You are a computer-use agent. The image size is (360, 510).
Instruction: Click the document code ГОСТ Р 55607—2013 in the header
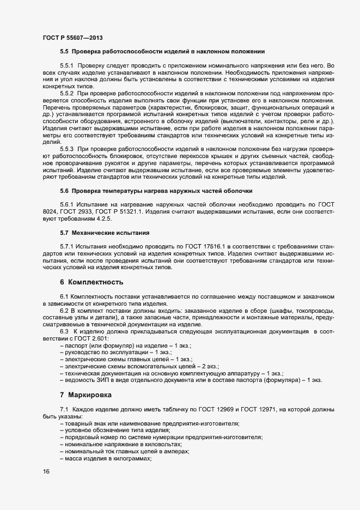coord(72,37)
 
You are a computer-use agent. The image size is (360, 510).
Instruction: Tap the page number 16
coord(46,471)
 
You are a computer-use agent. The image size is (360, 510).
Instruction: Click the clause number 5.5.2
coord(67,94)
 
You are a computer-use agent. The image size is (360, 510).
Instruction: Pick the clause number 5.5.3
coord(67,149)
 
